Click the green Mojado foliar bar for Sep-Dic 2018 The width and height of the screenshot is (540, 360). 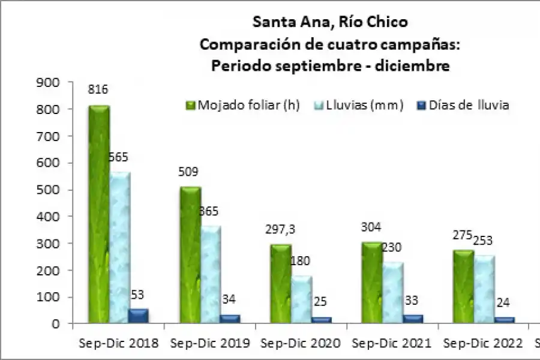[x=98, y=216]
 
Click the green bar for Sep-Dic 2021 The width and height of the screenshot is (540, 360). [x=372, y=282]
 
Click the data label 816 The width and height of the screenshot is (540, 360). [x=98, y=90]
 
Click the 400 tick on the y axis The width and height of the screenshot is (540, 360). [x=50, y=217]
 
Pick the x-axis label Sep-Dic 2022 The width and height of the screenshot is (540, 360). [x=482, y=344]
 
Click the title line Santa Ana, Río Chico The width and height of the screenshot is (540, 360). [x=330, y=22]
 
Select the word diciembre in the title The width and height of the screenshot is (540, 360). [x=413, y=66]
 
